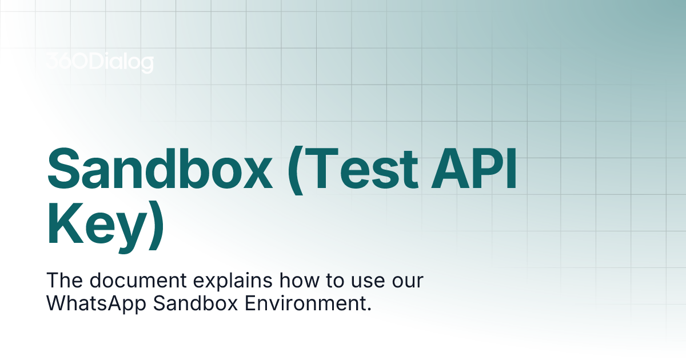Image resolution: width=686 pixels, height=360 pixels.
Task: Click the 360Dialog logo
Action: (x=99, y=62)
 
